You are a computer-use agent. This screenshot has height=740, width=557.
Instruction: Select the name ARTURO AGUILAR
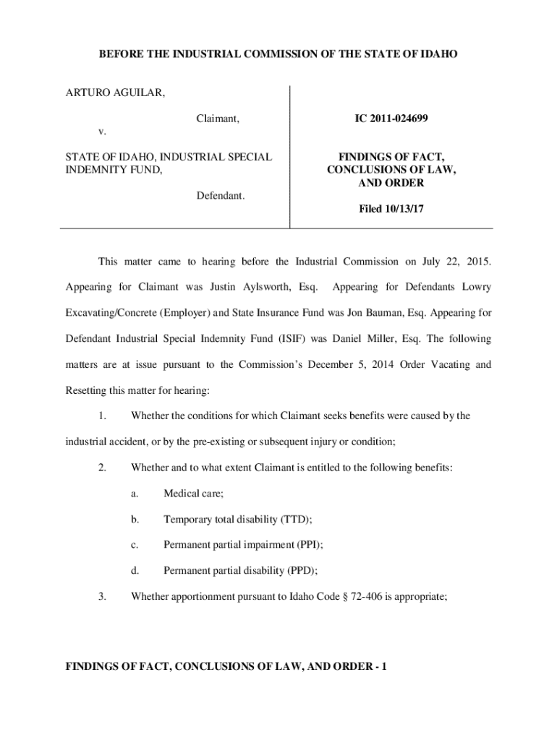click(115, 92)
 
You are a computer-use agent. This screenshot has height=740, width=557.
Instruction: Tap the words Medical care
click(193, 493)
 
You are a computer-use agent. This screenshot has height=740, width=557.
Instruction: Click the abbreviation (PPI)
click(305, 545)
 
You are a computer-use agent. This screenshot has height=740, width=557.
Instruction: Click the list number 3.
click(102, 597)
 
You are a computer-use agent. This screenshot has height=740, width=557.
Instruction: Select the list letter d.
click(135, 571)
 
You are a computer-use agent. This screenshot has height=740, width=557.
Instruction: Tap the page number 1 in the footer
click(384, 668)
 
